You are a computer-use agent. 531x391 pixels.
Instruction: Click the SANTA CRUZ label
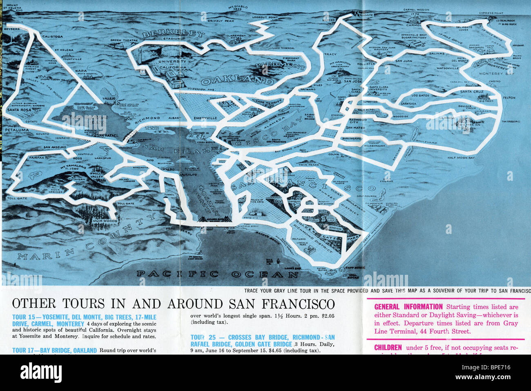471,92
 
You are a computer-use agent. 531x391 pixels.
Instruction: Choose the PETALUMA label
17,130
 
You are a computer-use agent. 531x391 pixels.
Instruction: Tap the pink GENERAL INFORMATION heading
408,307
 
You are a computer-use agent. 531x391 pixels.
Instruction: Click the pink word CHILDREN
388,348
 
